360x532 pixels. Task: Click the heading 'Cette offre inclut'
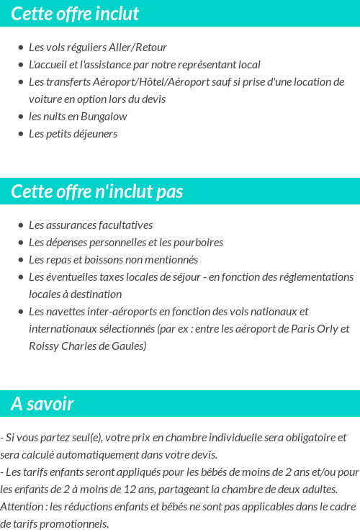75,14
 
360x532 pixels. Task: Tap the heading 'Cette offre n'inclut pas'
97,191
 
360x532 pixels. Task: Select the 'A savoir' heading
42,404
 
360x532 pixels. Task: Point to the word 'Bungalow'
104,117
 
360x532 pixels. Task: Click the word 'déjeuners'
94,134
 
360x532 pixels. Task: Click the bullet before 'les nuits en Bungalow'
21,117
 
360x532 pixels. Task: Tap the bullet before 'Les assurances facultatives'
21,225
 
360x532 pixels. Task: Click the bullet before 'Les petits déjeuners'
21,134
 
